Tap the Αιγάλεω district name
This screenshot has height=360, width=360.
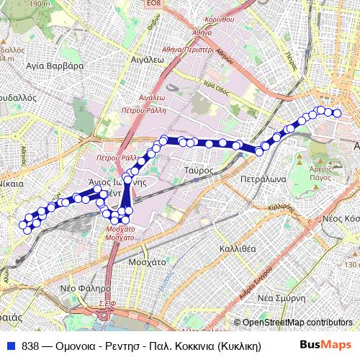point(150,61)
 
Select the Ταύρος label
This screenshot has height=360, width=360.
point(197,170)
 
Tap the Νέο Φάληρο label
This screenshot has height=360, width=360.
point(78,287)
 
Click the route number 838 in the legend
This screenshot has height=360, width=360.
point(30,346)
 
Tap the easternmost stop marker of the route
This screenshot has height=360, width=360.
point(337,112)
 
